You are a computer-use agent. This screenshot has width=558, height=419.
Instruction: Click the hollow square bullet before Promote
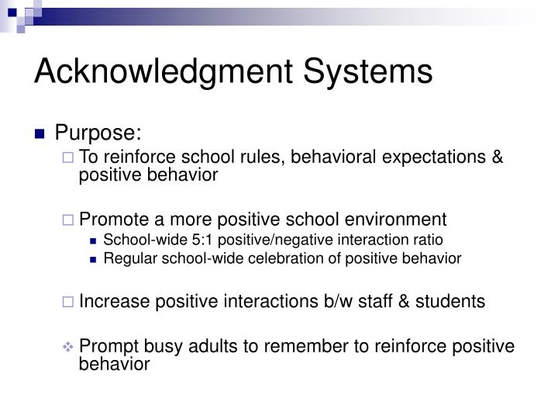pyautogui.click(x=68, y=220)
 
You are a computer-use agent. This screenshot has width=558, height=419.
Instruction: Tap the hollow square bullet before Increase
pyautogui.click(x=68, y=302)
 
